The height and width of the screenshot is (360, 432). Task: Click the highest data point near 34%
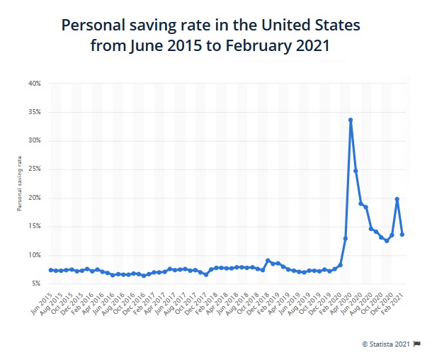coord(351,120)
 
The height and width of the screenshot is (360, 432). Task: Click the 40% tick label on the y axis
coord(35,84)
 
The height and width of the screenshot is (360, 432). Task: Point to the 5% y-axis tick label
coord(36,283)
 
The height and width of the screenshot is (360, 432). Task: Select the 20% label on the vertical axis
coord(35,198)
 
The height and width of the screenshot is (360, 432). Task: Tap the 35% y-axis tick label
coord(35,112)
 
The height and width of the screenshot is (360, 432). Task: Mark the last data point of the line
coord(402,234)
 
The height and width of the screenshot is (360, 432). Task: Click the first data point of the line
coord(51,270)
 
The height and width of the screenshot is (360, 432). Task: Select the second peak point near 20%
coord(397,199)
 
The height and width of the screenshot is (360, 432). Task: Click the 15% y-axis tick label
coord(35,226)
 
